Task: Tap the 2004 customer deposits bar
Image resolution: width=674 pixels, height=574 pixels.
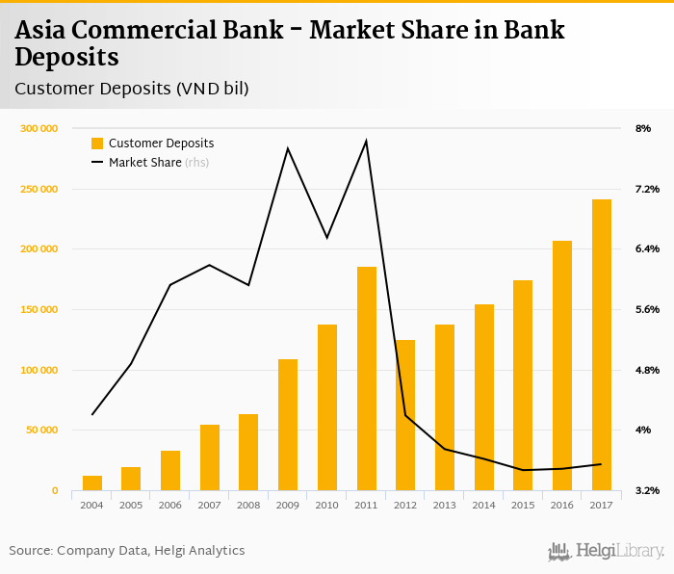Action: tap(92, 483)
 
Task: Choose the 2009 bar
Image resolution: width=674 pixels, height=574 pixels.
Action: tap(288, 425)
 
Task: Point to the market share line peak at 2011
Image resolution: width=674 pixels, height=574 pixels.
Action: tap(366, 142)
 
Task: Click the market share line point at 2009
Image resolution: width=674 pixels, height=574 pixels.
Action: tap(288, 148)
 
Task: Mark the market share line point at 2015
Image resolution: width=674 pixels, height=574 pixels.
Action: tap(523, 470)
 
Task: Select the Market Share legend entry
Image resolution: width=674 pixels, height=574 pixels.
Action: tap(149, 163)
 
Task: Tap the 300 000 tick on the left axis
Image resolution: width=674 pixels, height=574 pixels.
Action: tap(39, 128)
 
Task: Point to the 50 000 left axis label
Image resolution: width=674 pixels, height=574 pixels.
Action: tap(41, 430)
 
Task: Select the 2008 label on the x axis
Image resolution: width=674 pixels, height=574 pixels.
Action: tap(248, 505)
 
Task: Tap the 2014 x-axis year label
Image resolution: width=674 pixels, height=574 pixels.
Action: tap(483, 505)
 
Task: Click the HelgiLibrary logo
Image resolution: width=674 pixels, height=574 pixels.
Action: tap(607, 551)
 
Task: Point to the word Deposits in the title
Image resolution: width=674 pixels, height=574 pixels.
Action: tap(66, 57)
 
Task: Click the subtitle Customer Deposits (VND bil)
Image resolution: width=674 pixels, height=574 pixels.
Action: tap(132, 89)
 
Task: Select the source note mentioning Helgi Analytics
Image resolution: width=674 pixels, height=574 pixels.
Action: tap(127, 551)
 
